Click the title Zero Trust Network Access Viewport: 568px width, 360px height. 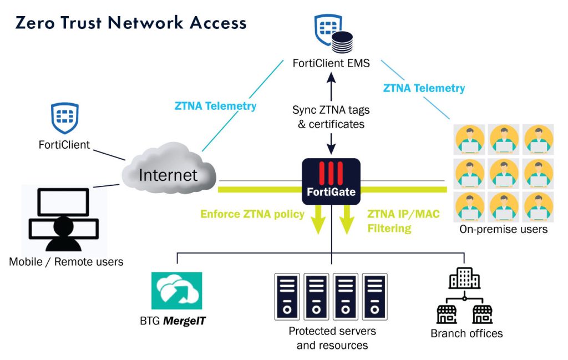[131, 23]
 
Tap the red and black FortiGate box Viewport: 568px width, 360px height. [331, 181]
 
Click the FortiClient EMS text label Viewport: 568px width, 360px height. [331, 64]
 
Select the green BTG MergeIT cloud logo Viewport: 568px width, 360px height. [176, 291]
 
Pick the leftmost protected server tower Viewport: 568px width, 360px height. [287, 296]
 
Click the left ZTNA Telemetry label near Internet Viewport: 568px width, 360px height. [215, 106]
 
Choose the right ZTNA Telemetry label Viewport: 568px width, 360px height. [424, 88]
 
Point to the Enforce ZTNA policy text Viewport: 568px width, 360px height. [252, 214]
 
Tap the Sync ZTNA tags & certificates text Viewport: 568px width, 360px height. [331, 117]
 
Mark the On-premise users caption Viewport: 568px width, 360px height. [503, 229]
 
